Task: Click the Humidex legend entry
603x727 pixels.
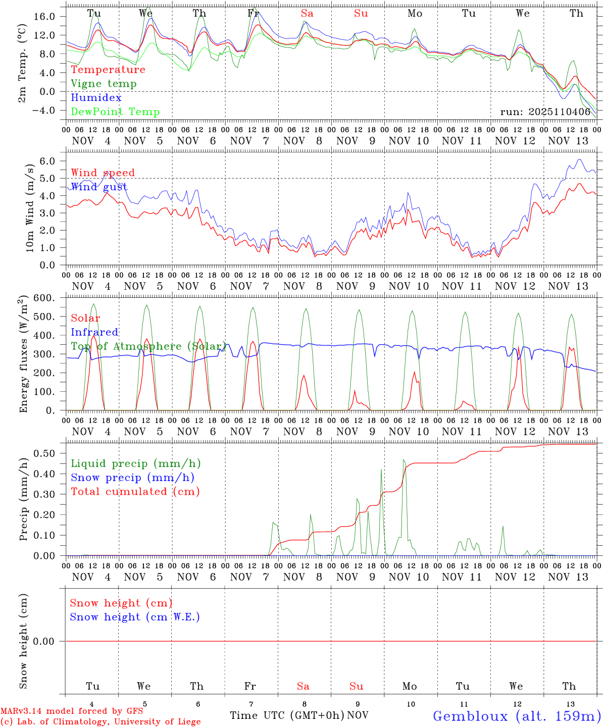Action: tap(96, 98)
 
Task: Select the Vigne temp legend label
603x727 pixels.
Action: tap(104, 84)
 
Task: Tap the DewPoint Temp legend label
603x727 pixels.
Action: tap(115, 112)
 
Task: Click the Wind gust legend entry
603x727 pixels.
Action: tap(99, 187)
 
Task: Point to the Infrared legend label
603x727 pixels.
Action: tap(94, 332)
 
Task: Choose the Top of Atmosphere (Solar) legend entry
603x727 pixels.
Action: tap(148, 346)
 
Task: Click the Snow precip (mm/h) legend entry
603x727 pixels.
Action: tap(132, 478)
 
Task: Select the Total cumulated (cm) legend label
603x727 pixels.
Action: tap(135, 492)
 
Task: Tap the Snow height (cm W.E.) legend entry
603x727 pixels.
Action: tap(135, 617)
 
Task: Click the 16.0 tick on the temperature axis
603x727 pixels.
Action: tap(44, 17)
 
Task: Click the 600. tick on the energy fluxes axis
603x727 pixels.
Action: tap(43, 298)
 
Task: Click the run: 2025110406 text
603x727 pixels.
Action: tap(545, 112)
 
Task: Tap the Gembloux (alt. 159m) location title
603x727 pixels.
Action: tap(517, 716)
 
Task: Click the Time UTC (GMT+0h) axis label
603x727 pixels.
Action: tap(287, 715)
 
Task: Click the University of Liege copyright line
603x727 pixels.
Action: tap(100, 722)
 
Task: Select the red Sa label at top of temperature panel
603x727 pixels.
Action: tap(307, 14)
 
